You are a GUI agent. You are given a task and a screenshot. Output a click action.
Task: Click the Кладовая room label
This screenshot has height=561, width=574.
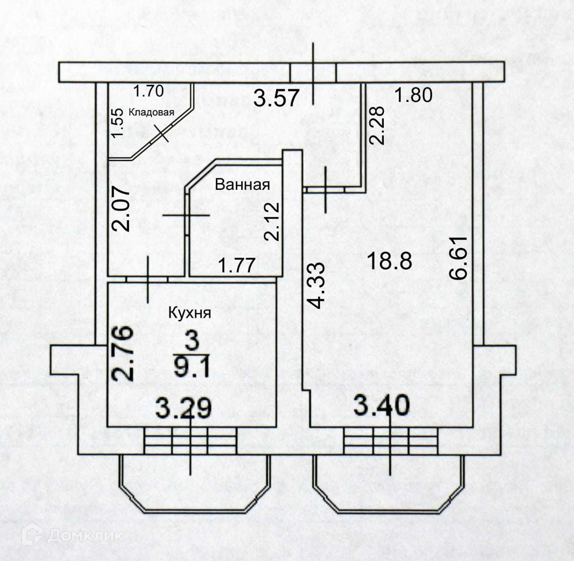point(151,112)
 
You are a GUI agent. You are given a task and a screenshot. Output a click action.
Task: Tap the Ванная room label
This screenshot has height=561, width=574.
point(242,184)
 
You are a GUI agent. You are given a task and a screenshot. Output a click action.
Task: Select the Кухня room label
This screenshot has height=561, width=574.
point(189,312)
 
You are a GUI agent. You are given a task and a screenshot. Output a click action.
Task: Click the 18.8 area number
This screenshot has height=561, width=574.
point(389,261)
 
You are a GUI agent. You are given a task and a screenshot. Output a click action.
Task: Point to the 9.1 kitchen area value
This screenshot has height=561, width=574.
point(191,369)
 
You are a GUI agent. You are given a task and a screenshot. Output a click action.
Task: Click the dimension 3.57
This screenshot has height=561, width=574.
point(276,98)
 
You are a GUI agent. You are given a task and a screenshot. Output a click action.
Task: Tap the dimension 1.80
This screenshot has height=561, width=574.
point(413,95)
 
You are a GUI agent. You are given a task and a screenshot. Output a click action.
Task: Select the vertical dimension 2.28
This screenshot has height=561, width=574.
point(378,124)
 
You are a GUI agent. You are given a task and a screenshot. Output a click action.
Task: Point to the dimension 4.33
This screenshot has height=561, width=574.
point(317,285)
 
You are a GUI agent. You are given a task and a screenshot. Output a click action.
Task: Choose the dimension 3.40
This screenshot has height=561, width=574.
point(382,404)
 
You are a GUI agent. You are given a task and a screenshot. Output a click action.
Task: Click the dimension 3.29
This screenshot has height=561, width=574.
point(183,408)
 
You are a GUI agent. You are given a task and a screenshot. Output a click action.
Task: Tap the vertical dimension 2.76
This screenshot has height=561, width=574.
point(123,354)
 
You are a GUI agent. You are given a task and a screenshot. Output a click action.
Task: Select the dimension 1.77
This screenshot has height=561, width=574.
point(236,265)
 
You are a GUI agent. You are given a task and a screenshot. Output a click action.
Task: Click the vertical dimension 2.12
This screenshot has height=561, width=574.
point(272,222)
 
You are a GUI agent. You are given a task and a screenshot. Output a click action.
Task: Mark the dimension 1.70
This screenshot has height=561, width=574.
point(148,92)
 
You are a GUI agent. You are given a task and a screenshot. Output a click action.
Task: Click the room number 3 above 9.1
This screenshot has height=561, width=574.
point(191,341)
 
